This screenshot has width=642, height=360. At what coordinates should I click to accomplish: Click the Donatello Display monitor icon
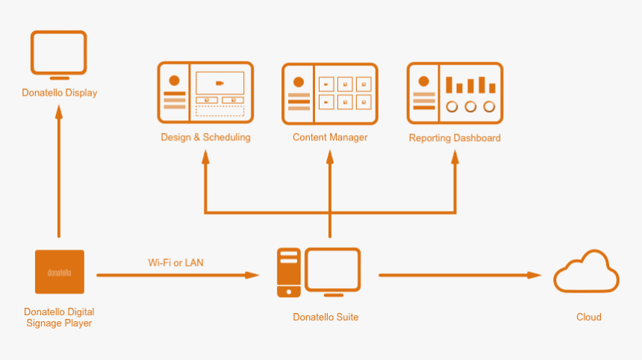59,54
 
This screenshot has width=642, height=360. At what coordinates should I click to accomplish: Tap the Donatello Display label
59,93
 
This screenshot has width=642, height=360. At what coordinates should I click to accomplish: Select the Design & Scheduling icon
205,93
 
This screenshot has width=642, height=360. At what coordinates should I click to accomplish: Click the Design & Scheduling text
205,137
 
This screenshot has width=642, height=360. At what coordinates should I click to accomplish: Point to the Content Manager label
330,137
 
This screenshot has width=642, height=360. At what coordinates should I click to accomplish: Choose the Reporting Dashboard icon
455,93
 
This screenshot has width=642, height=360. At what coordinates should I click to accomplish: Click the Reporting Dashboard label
455,138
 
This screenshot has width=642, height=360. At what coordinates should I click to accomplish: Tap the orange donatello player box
60,272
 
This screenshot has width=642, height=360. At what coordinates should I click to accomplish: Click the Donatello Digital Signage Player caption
59,317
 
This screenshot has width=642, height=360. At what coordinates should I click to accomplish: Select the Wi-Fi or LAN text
175,262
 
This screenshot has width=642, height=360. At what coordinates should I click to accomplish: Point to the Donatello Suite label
325,317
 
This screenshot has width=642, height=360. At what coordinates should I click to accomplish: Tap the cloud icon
586,272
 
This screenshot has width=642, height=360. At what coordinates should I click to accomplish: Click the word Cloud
588,317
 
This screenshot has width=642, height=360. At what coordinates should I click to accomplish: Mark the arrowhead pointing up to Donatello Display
59,111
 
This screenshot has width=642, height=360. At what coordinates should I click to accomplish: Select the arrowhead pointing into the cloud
535,275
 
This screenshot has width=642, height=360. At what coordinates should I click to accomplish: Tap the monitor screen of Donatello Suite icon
332,269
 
